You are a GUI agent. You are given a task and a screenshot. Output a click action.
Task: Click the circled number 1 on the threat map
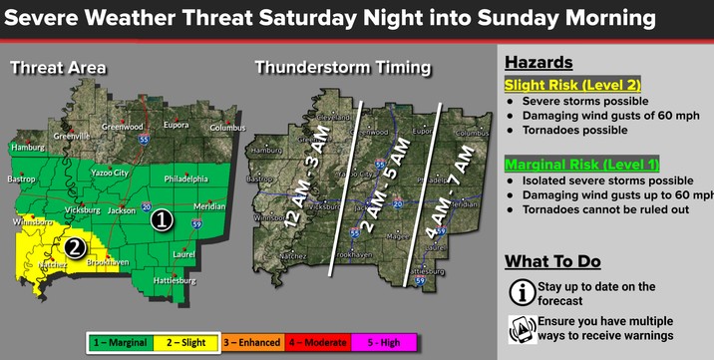[162, 220]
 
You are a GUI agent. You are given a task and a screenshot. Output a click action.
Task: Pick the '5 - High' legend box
[382, 343]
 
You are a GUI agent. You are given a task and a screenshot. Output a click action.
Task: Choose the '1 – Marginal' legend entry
[120, 343]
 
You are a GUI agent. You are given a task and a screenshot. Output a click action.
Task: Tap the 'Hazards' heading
[538, 62]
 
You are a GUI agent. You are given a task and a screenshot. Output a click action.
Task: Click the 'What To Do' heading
[552, 261]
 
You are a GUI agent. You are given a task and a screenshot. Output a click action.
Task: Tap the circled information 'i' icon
[519, 291]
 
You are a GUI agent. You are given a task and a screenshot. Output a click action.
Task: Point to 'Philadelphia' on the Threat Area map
[180, 180]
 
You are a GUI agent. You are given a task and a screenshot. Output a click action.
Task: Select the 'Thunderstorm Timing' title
[343, 68]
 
